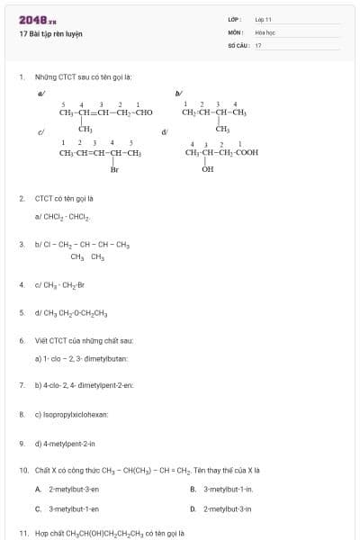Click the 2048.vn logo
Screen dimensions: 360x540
point(38,19)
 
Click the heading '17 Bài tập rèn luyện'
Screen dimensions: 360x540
point(50,33)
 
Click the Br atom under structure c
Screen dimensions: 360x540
point(114,169)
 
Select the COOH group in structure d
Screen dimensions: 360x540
point(246,153)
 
